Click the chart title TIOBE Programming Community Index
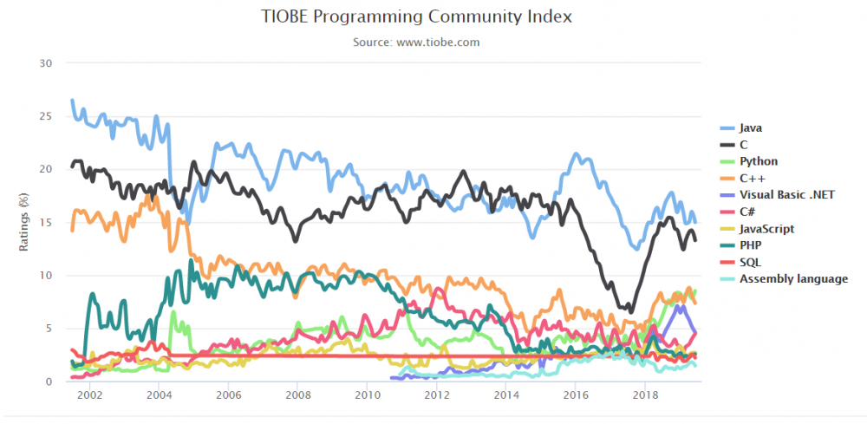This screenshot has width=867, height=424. pos(416,16)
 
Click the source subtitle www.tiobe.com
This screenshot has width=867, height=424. pos(416,42)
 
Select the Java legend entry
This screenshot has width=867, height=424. pos(751,127)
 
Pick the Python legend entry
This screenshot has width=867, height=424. pos(759,161)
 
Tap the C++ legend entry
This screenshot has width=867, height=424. pos(753,178)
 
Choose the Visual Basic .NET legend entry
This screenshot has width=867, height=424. pos(787,194)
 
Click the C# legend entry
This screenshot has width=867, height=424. pos(748,212)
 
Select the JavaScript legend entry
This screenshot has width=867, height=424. pos(766,228)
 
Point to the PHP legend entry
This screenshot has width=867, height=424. pos(751,245)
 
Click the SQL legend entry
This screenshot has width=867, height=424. pos(751,262)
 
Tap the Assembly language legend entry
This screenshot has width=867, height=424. pos(793,278)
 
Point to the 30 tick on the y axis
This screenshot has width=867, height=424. pos(47,63)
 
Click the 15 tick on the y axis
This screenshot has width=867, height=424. pos(47,223)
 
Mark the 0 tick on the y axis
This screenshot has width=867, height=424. pos(50,382)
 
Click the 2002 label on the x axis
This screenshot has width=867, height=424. pos(89,395)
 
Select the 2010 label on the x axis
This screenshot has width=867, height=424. pos(367,395)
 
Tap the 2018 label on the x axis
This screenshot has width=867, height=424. pos(644,395)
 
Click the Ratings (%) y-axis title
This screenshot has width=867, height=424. pos(24,223)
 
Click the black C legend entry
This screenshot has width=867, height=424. pos(745,144)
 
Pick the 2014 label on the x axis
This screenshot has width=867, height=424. pos(505,395)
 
